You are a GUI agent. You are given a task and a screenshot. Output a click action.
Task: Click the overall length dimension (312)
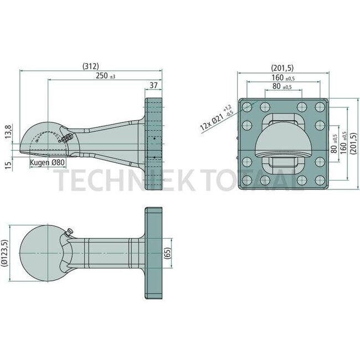[x=90, y=66]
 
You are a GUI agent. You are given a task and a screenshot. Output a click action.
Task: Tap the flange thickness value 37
[x=153, y=85]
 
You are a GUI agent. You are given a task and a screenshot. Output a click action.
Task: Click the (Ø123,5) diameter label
[x=6, y=254]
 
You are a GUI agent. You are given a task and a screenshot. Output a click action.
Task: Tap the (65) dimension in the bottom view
[x=167, y=254]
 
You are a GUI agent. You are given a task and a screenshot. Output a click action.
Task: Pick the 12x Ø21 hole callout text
[x=214, y=116]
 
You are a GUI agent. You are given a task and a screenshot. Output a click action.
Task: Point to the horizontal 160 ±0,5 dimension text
[x=282, y=78]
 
